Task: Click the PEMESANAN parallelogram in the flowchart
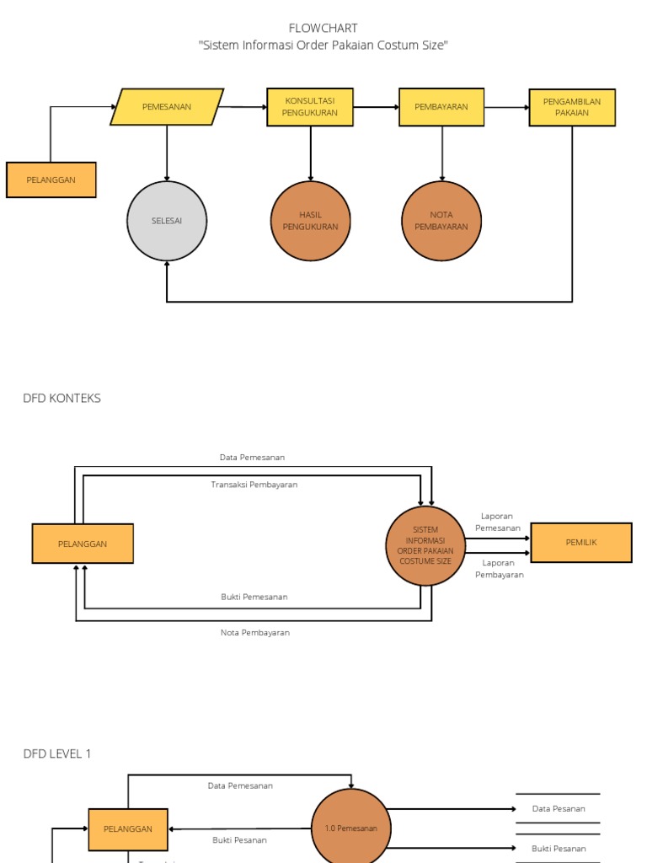(167, 107)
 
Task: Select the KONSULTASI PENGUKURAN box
(310, 107)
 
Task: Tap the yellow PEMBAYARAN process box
(441, 107)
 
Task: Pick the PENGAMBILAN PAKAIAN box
(572, 107)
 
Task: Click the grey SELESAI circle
(167, 221)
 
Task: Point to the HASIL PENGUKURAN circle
(310, 221)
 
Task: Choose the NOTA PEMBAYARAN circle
(441, 221)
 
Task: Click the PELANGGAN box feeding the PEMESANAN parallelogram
(51, 180)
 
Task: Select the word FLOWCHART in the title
(323, 29)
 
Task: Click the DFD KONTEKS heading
(61, 398)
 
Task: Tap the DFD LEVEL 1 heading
(57, 753)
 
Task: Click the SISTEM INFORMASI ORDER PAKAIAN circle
(425, 545)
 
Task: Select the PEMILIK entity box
(580, 542)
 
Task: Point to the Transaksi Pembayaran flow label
(254, 485)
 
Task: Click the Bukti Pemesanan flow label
(254, 597)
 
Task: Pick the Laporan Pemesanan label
(498, 522)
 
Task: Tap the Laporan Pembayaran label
(499, 568)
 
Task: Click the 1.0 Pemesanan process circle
(351, 828)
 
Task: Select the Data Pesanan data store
(558, 808)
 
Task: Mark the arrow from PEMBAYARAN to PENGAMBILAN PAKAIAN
(506, 107)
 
